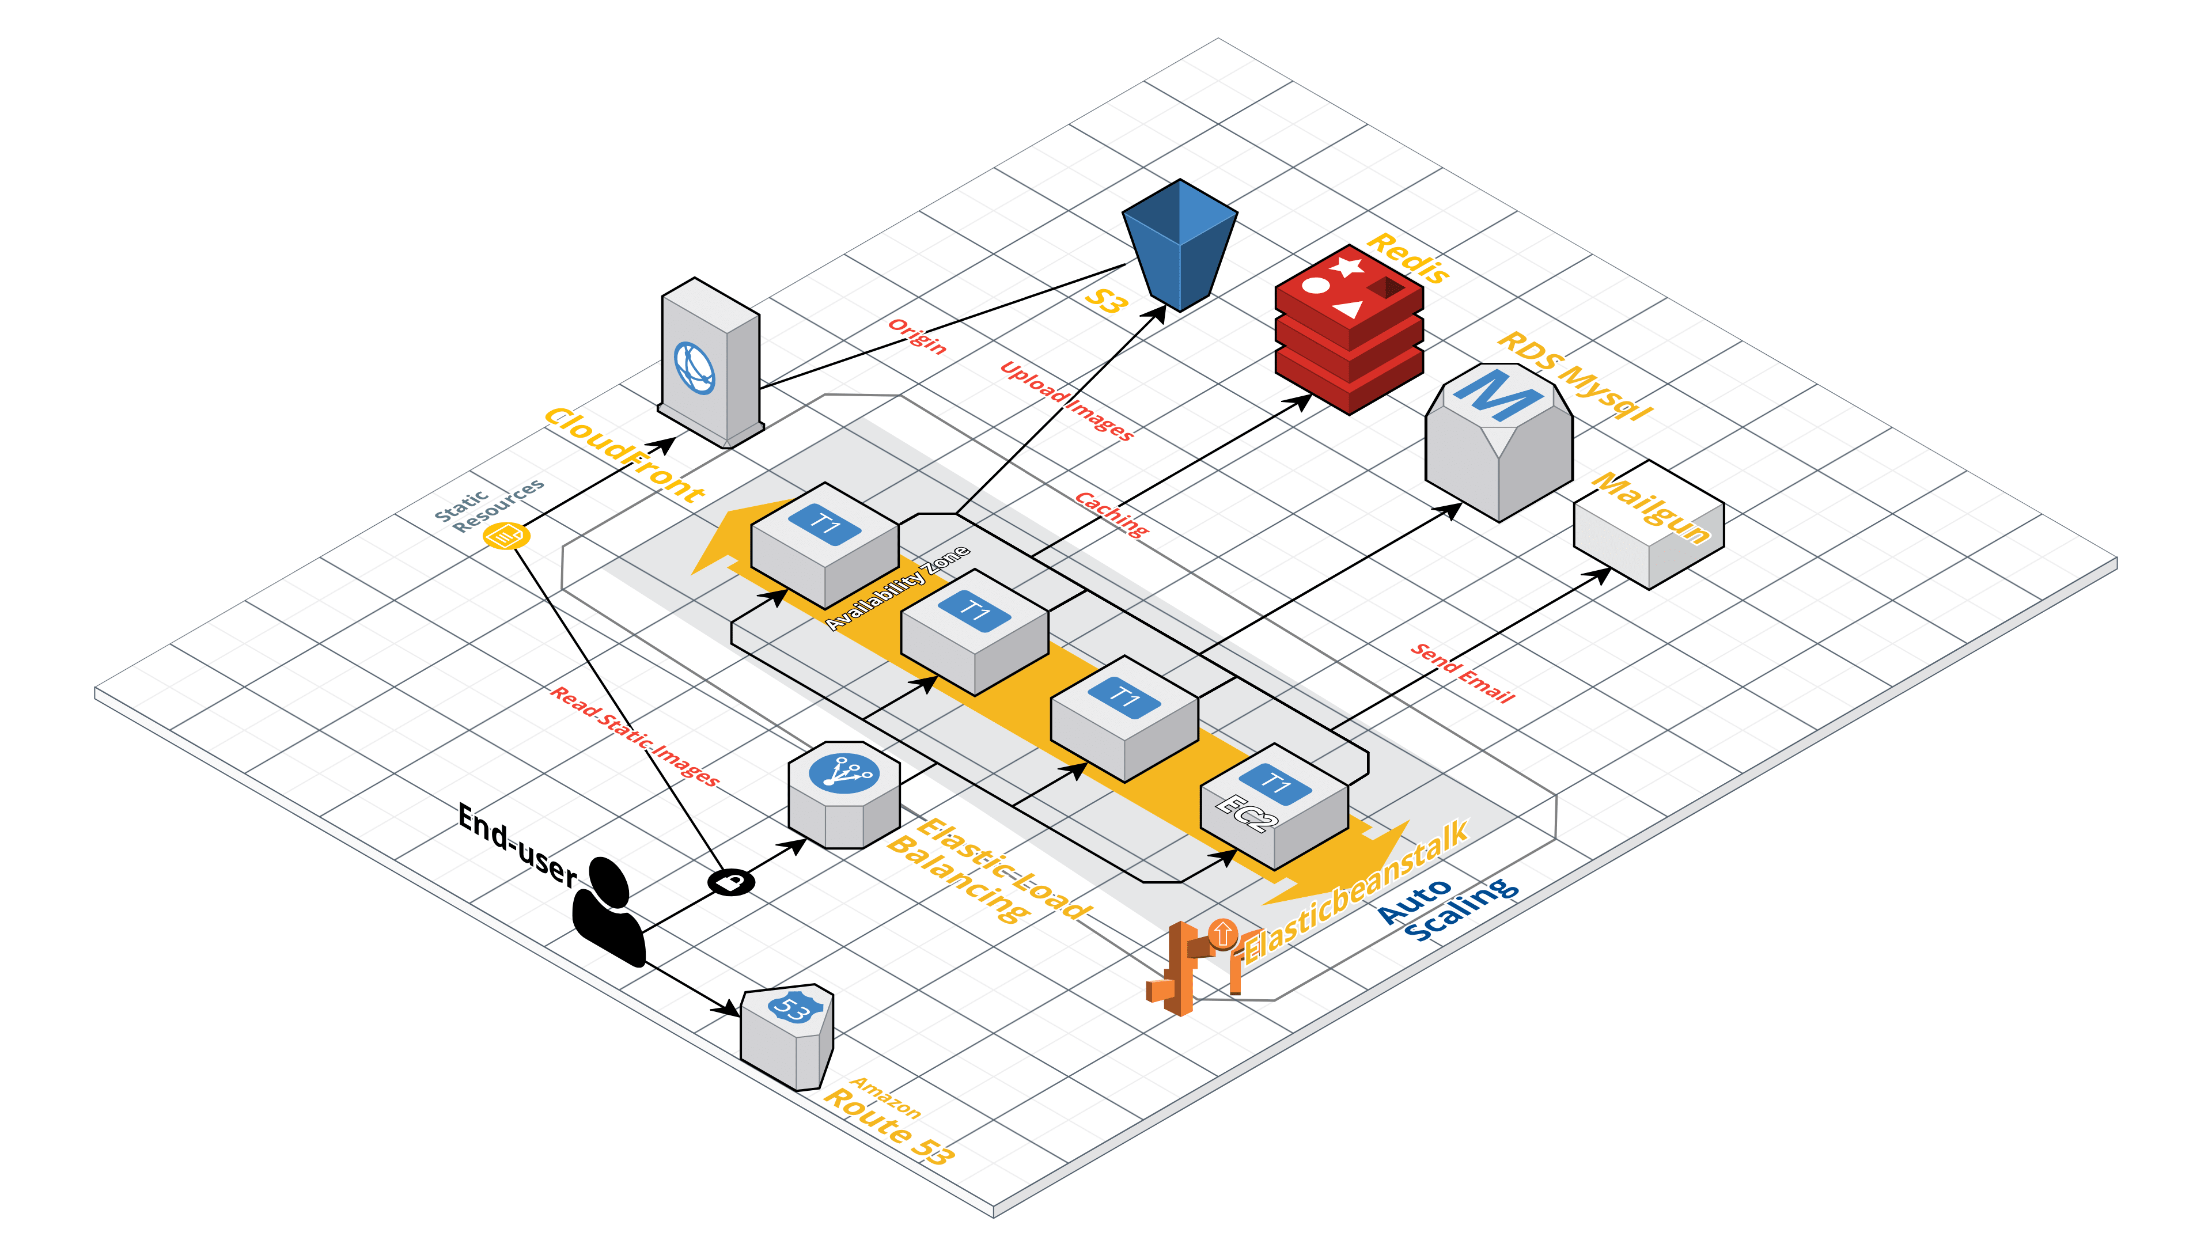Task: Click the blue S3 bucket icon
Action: point(1180,245)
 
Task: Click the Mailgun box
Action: point(1648,525)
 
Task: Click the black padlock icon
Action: point(731,882)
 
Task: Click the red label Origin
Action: point(917,336)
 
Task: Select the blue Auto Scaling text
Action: point(1447,909)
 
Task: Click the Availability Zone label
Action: point(897,588)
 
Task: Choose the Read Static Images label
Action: point(635,736)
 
